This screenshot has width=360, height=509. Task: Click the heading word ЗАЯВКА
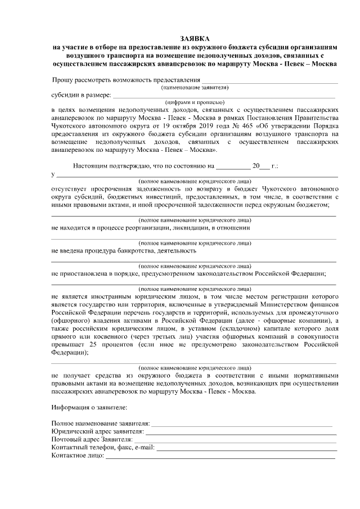click(195, 38)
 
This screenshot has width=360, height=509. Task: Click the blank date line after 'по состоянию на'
click(233, 167)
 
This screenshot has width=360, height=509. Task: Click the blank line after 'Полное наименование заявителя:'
click(242, 422)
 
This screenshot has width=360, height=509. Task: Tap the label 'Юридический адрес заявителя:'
click(96, 431)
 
